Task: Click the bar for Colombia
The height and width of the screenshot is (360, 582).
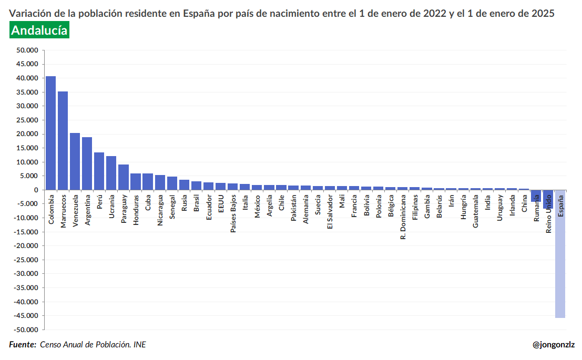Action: coord(50,133)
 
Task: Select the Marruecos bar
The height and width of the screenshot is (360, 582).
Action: coord(63,140)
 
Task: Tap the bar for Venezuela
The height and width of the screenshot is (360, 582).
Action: coord(75,161)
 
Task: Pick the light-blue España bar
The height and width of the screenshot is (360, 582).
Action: coord(560,254)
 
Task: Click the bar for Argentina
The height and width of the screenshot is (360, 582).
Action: coord(87,163)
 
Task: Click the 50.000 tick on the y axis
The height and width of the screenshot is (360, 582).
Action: coord(27,50)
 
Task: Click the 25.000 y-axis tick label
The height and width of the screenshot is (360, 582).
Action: coord(27,120)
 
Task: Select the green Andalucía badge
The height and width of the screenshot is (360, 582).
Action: coord(39,31)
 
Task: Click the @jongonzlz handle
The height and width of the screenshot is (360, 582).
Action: coord(554,345)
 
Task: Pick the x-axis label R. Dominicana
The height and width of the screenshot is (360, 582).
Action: coord(403,219)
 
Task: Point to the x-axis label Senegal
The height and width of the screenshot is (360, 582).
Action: coord(172,208)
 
